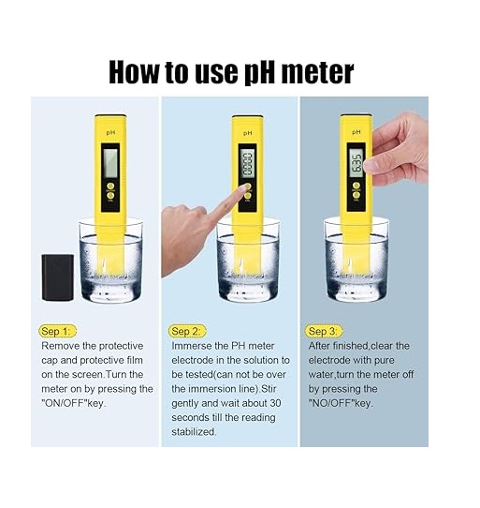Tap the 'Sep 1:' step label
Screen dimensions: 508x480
pos(55,331)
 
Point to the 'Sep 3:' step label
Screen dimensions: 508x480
pos(323,331)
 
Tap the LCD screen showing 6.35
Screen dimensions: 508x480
pos(357,164)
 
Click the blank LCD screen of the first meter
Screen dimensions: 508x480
pos(110,163)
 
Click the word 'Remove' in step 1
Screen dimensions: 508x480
pos(61,346)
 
